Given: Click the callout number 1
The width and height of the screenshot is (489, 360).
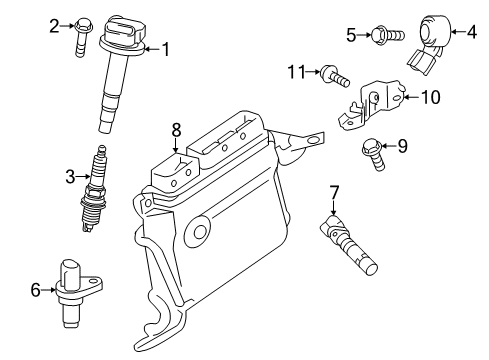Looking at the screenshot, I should point(166,47).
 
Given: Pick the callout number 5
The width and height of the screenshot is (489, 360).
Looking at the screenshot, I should point(351,36).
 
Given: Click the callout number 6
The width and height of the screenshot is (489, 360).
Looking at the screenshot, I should point(35,290).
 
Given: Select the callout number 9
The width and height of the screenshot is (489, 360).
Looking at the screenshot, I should point(402,146).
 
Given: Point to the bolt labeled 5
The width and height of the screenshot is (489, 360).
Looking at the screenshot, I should point(386,37).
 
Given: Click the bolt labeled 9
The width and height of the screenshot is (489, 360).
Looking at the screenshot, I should point(375,152).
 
